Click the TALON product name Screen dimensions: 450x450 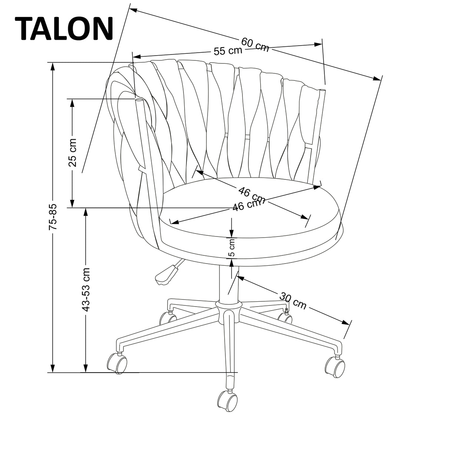pyautogui.click(x=64, y=29)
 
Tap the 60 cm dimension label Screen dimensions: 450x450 pyautogui.click(x=255, y=44)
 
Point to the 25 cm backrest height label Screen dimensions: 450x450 pyautogui.click(x=73, y=152)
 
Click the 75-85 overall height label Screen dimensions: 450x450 pyautogui.click(x=53, y=217)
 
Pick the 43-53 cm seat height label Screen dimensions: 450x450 pyautogui.click(x=86, y=289)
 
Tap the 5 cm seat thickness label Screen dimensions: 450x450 pyautogui.click(x=231, y=248)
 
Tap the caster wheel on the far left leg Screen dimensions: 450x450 pyautogui.click(x=117, y=363)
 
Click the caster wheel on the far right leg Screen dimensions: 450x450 pyautogui.click(x=335, y=367)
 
